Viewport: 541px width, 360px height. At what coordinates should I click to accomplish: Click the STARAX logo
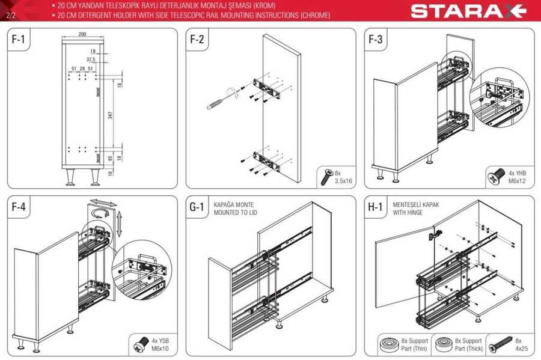[468, 11]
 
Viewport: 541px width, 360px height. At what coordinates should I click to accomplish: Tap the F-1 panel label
[18, 39]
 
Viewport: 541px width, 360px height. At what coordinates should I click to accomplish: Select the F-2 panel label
[197, 39]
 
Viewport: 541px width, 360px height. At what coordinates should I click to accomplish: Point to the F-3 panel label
[375, 39]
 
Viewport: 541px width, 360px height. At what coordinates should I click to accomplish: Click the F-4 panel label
[19, 207]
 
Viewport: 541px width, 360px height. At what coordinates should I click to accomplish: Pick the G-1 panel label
[197, 207]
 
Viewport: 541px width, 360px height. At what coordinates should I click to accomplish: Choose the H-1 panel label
[375, 207]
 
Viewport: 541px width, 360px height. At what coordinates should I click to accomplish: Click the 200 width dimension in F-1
[82, 34]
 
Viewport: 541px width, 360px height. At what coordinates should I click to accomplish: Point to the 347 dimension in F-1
[110, 115]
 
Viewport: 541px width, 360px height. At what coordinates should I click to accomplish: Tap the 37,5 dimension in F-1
[91, 59]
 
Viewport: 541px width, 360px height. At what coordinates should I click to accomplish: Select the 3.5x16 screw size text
[343, 181]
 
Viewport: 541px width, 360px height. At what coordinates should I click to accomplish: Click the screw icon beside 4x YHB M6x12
[496, 177]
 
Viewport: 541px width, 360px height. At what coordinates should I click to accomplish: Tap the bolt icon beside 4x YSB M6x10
[141, 344]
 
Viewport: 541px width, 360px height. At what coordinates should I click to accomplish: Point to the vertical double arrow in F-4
[119, 224]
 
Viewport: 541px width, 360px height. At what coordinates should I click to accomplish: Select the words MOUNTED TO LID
[235, 213]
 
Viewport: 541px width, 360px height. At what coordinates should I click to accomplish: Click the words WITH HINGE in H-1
[408, 213]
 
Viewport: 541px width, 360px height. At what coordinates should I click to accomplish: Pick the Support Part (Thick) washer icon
[444, 345]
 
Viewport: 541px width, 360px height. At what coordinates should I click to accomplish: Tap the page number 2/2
[11, 15]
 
